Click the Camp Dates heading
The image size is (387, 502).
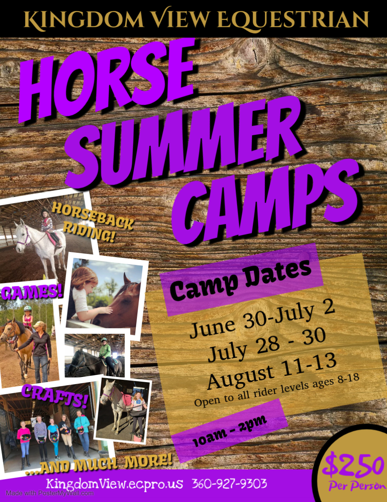click(241, 279)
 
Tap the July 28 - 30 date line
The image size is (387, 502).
click(266, 345)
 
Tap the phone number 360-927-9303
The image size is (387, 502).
click(229, 483)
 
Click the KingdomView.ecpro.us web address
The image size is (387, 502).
click(115, 483)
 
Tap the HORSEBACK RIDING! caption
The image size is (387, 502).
click(92, 222)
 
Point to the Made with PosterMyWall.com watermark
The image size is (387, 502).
click(50, 493)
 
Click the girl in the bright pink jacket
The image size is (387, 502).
click(24, 442)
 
